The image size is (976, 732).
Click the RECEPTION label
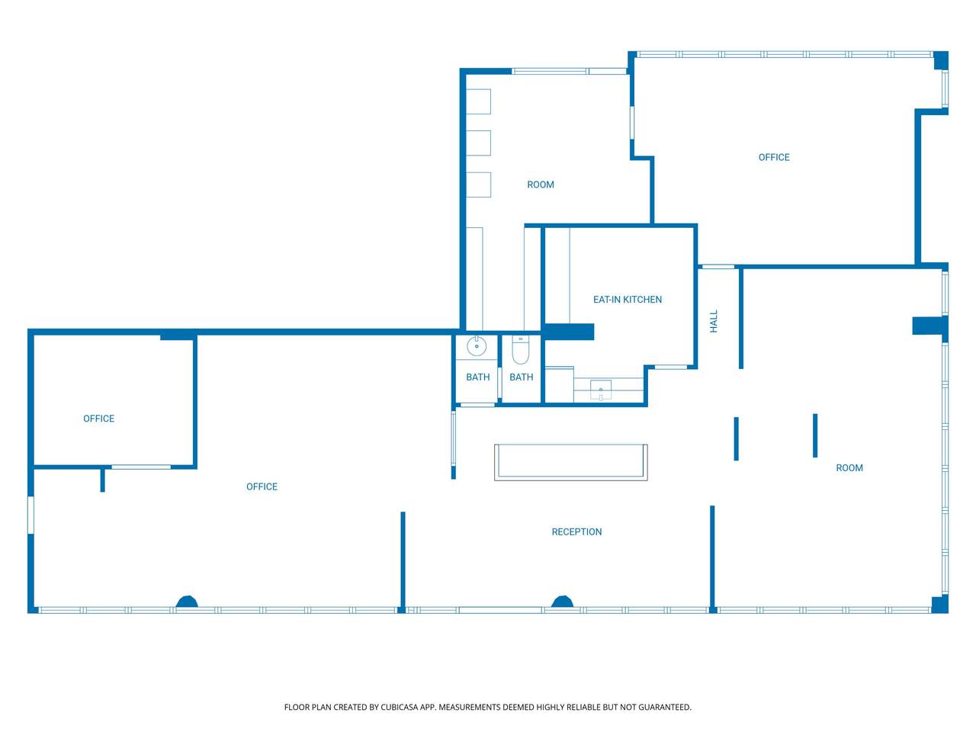(x=576, y=531)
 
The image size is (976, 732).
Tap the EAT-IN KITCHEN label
(x=627, y=300)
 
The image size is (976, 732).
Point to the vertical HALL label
(x=714, y=321)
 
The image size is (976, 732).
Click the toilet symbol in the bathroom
(x=520, y=349)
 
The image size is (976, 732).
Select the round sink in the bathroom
(x=477, y=346)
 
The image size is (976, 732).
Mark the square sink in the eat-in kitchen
(x=600, y=390)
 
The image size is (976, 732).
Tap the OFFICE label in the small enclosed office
(x=98, y=418)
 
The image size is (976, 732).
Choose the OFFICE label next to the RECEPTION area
(x=262, y=486)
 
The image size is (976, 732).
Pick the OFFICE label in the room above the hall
(x=774, y=157)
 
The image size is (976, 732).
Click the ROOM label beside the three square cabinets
(x=541, y=185)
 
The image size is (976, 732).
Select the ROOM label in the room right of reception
(x=849, y=467)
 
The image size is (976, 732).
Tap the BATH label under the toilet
(x=521, y=377)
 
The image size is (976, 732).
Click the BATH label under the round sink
(x=477, y=377)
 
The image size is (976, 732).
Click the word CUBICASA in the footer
(x=397, y=707)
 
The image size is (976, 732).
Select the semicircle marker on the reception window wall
(x=562, y=602)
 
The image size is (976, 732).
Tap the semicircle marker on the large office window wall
(x=187, y=602)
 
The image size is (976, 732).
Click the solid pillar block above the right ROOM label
(x=929, y=326)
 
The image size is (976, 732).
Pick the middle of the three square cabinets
(x=478, y=143)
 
